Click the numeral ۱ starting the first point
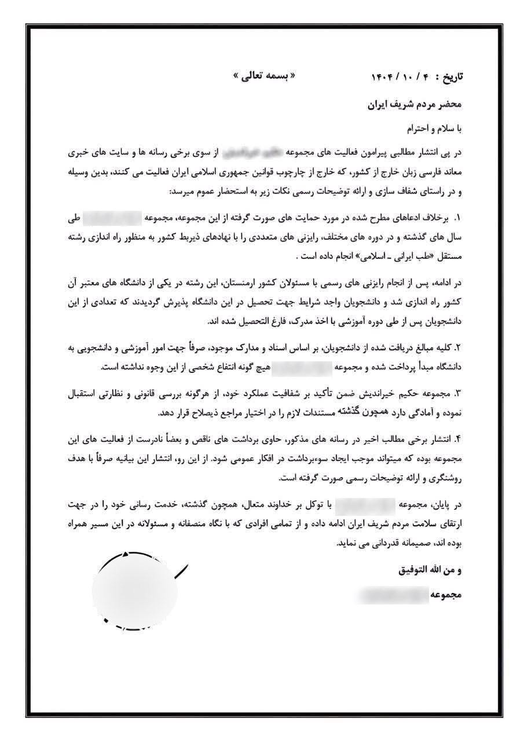456,219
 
